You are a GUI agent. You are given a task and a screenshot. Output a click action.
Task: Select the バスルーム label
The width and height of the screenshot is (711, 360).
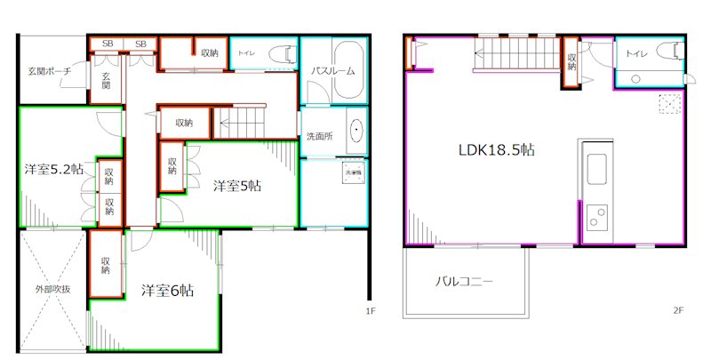pyautogui.click(x=333, y=70)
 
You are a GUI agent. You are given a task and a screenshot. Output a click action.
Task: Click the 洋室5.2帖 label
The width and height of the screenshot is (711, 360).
pyautogui.click(x=54, y=169)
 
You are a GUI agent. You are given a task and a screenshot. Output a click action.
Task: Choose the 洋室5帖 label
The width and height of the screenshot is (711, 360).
pyautogui.click(x=237, y=186)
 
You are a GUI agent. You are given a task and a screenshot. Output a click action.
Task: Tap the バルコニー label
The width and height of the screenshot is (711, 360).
pyautogui.click(x=464, y=282)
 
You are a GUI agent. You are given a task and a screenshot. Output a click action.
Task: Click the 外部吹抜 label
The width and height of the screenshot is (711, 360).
pyautogui.click(x=52, y=289)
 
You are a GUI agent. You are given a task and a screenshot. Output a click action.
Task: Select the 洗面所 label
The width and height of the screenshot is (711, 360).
pyautogui.click(x=319, y=137)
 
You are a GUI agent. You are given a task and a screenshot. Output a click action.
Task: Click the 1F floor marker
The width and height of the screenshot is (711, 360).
pyautogui.click(x=371, y=311)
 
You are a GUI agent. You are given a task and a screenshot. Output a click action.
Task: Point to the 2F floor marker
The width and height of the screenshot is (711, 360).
pyautogui.click(x=677, y=311)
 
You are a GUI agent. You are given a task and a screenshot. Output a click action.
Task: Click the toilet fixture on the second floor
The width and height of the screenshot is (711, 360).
pyautogui.click(x=666, y=51)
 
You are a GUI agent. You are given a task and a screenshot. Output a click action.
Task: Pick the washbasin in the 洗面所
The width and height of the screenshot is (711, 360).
pyautogui.click(x=356, y=132)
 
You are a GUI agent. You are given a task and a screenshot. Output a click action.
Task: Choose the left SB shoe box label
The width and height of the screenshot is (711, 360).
pyautogui.click(x=107, y=44)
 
